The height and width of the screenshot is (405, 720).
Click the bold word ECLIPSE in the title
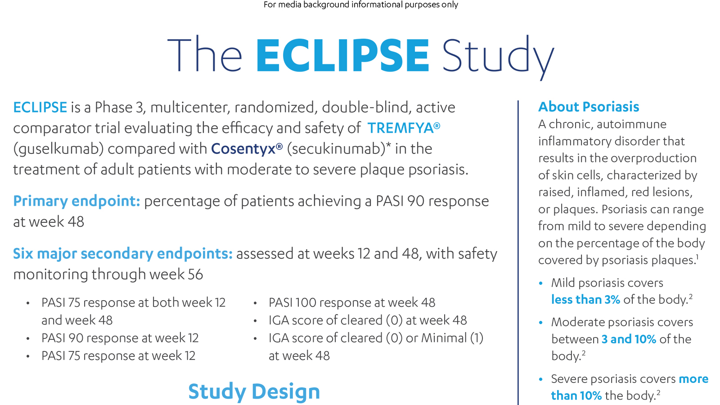342,56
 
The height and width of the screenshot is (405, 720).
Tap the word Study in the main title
497,56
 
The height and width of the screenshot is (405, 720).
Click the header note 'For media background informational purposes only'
360,5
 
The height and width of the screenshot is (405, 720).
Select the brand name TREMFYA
400,128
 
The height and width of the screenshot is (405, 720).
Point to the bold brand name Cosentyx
243,149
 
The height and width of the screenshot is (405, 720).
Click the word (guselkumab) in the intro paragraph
58,149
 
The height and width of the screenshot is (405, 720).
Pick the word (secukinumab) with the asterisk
337,149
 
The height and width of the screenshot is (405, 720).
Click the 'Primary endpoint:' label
76,201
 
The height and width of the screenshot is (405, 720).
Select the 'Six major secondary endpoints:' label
122,254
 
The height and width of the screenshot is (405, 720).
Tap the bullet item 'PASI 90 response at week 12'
120,338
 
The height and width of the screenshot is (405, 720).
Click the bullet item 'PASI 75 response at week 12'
118,356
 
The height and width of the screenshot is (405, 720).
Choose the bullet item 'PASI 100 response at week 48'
352,303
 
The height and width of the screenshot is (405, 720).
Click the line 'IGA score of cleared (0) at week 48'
368,320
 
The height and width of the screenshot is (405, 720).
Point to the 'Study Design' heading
254,391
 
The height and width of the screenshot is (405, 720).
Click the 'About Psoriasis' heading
589,107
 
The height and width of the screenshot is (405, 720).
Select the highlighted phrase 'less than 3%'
585,300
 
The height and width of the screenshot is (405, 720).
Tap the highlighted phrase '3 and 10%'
629,339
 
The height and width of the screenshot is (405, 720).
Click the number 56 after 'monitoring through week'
195,274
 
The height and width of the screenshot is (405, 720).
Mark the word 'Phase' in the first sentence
113,108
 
